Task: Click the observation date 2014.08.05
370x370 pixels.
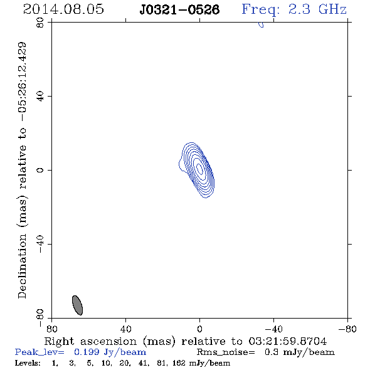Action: pyautogui.click(x=63, y=9)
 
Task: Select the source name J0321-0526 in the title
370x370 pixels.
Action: pyautogui.click(x=179, y=9)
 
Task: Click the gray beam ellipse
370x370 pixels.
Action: pyautogui.click(x=77, y=305)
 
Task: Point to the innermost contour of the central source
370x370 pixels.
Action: pyautogui.click(x=199, y=169)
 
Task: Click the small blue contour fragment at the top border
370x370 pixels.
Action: pyautogui.click(x=262, y=25)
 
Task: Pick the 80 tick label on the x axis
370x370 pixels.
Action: pyautogui.click(x=51, y=329)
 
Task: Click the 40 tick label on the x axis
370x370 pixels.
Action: pyautogui.click(x=125, y=329)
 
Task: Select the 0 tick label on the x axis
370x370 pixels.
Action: pyautogui.click(x=199, y=329)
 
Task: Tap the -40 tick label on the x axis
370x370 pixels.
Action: pyautogui.click(x=273, y=329)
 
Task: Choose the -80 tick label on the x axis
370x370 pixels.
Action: pyautogui.click(x=347, y=329)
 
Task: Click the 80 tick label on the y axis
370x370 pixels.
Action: pyautogui.click(x=40, y=23)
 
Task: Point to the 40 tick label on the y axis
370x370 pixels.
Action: pyautogui.click(x=40, y=97)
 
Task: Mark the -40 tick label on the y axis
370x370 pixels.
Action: pyautogui.click(x=40, y=244)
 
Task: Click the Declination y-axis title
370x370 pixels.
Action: pyautogui.click(x=22, y=170)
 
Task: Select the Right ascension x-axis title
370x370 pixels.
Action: pyautogui.click(x=186, y=341)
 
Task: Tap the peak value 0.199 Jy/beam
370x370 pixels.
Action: pyautogui.click(x=110, y=352)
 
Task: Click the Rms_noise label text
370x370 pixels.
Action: pyautogui.click(x=226, y=352)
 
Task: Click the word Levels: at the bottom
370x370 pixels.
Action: pyautogui.click(x=28, y=362)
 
